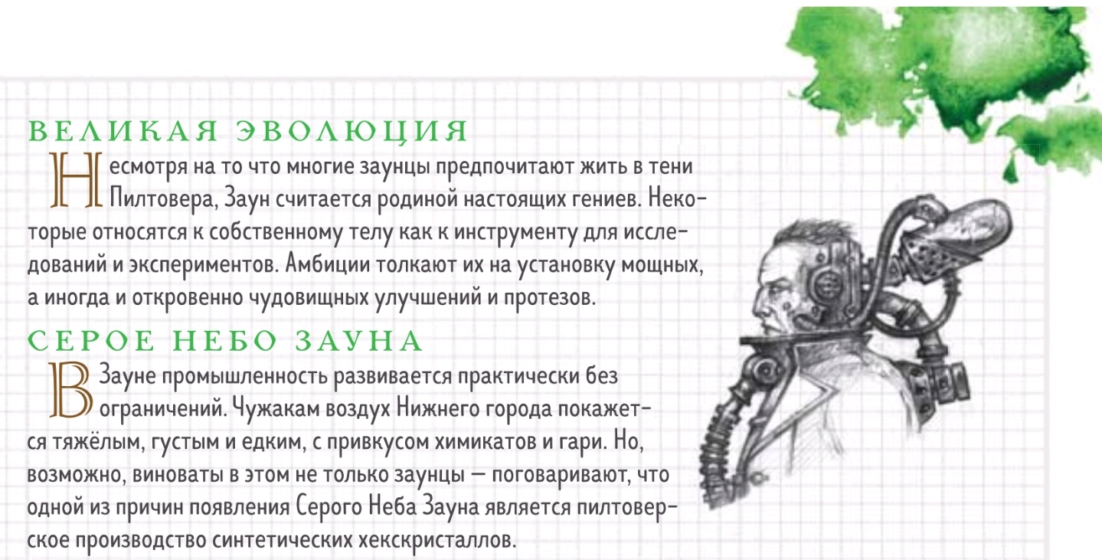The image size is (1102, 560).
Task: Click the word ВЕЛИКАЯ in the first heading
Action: [x=123, y=131]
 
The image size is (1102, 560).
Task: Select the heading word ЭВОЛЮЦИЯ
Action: [x=352, y=132]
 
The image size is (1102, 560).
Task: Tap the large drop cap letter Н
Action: [x=77, y=179]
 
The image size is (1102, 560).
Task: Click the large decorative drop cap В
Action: [x=71, y=390]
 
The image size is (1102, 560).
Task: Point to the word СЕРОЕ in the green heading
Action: [x=90, y=341]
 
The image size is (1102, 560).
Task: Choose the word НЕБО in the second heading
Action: [x=224, y=341]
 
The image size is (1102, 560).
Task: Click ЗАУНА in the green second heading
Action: [x=358, y=341]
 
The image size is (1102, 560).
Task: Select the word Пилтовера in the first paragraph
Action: [x=163, y=199]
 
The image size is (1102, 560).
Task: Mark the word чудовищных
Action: [x=309, y=298]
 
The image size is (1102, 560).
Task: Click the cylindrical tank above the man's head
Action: [x=960, y=229]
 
